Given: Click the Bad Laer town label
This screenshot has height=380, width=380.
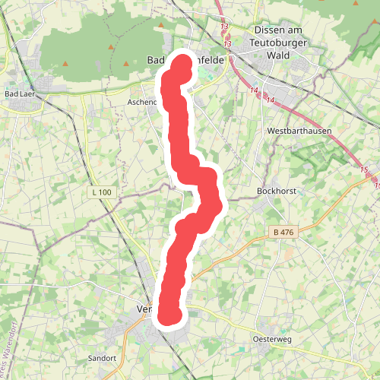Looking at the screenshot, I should pos(17,93).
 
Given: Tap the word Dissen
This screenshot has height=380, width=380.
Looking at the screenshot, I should pos(268,30).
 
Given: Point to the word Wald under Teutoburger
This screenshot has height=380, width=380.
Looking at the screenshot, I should pos(280,55).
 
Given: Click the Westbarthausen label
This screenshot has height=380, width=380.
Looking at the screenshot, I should pos(299,131).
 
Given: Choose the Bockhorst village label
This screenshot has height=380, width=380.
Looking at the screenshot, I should pos(276,191).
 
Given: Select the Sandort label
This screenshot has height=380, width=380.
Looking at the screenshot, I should pos(100,358).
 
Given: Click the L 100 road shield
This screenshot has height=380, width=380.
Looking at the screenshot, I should pos(101,192).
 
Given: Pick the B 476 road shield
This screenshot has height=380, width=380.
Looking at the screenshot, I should pos(281,231).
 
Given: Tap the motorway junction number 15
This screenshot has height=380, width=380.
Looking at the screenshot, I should pos(364,169).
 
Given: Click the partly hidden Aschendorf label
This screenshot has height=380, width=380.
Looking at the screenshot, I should pos(142,101).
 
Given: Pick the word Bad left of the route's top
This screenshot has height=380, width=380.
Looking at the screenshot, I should pos(154,60).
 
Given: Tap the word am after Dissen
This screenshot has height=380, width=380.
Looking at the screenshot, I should pos(296,30).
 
